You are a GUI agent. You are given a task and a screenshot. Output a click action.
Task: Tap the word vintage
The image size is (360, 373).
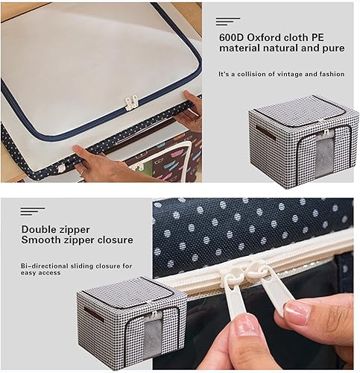click(290, 74)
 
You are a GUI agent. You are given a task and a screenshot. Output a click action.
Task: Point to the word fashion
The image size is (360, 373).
click(330, 74)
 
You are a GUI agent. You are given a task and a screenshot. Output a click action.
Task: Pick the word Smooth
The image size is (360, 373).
click(41, 240)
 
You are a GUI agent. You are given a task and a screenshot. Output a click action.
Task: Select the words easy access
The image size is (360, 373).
click(41, 272)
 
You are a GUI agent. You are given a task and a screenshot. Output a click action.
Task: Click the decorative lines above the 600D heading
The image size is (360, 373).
click(227, 21)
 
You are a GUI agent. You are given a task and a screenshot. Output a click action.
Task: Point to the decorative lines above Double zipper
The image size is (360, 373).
click(32, 212)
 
